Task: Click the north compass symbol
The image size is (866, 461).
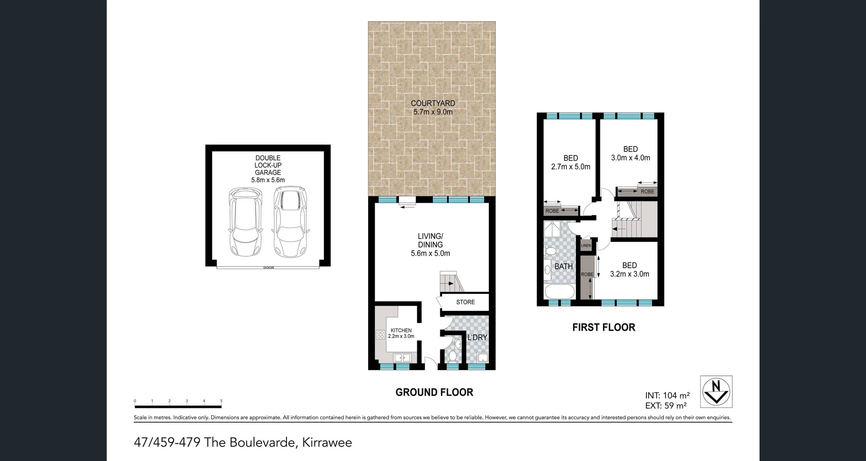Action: click(x=716, y=391)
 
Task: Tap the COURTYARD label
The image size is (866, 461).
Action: click(x=433, y=103)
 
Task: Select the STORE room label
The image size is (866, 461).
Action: click(x=465, y=302)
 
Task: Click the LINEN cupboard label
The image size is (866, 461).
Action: click(x=585, y=246)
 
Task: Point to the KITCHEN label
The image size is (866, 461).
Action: click(x=401, y=330)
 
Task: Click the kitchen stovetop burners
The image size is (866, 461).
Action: click(x=380, y=334)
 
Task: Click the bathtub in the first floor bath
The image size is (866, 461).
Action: click(x=559, y=291)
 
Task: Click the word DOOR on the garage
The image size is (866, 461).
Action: click(x=268, y=268)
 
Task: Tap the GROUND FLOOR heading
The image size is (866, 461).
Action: click(x=434, y=393)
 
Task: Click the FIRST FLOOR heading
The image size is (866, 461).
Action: click(x=603, y=328)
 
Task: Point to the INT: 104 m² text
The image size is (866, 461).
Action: click(x=667, y=396)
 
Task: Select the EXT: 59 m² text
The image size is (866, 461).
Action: click(x=666, y=406)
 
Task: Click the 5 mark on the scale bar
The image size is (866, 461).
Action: click(x=221, y=401)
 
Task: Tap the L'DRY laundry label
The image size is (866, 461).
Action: click(x=477, y=338)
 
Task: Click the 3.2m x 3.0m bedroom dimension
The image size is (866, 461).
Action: click(x=629, y=274)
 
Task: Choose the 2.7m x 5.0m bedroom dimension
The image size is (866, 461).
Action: click(x=571, y=167)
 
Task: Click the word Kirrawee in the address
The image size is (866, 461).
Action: click(x=327, y=443)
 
